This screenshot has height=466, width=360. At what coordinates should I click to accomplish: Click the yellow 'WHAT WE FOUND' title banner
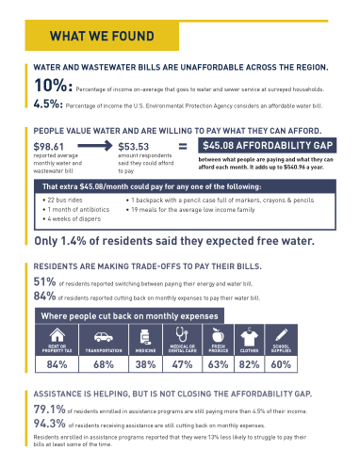click(x=102, y=37)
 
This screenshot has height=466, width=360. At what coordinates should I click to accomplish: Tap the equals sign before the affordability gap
click(x=183, y=146)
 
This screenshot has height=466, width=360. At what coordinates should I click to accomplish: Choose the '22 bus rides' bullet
click(x=67, y=201)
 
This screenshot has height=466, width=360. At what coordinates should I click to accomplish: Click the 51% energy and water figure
click(x=43, y=281)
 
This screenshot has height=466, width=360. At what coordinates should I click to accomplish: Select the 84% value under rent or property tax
click(x=57, y=363)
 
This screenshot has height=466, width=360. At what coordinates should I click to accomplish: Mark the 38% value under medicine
click(x=145, y=363)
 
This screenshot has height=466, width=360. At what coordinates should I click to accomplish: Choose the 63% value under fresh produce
click(x=218, y=363)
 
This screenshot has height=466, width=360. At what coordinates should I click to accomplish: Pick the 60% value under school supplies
click(x=283, y=363)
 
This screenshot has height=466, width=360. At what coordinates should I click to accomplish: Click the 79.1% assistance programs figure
click(x=49, y=410)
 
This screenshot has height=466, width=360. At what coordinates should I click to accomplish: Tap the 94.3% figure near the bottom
click(x=49, y=424)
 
